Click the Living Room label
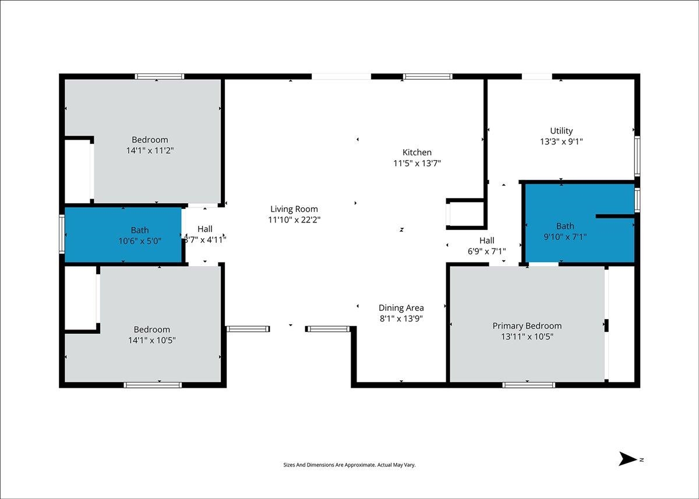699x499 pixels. coord(294,209)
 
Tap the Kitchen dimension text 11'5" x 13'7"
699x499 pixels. coord(417,163)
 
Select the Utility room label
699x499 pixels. coord(562,130)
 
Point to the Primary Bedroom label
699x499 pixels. coord(527,326)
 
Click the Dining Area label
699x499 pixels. coord(401,308)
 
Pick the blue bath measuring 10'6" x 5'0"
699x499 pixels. coord(123,235)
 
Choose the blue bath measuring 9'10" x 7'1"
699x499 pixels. coord(580,223)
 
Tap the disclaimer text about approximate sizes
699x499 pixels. coord(349,465)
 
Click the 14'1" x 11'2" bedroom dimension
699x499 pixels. coord(150,150)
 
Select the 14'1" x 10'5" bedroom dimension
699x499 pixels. coord(152,340)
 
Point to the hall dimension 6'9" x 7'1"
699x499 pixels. coord(486,251)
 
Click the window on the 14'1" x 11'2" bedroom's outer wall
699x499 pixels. coord(160,76)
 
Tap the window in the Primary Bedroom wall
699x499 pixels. coord(529,385)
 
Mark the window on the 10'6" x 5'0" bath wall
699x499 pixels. coord(62,234)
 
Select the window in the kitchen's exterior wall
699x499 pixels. coord(428,76)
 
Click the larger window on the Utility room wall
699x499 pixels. coord(637,156)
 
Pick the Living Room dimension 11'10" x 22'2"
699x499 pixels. coord(294,220)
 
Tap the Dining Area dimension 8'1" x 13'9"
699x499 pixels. coord(401,318)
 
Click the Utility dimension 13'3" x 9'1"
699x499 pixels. coord(562,141)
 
